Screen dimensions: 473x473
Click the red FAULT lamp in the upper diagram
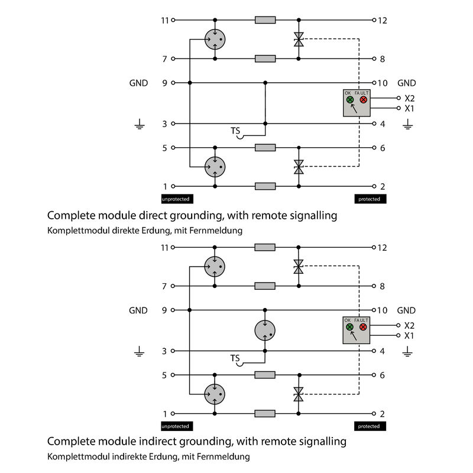(364, 100)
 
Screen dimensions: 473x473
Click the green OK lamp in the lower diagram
(349, 327)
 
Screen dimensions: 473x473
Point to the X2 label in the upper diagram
(410, 98)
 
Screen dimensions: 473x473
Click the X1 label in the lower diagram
(409, 336)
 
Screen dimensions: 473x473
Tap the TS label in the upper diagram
(235, 130)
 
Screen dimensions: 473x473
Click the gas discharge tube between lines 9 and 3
(265, 330)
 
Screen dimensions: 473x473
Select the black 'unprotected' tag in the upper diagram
(176, 199)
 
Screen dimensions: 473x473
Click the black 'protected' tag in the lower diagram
(369, 426)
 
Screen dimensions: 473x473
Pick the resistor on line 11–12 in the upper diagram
(265, 20)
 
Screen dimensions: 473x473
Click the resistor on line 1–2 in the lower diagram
(265, 413)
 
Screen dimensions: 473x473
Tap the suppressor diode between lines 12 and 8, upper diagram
(299, 40)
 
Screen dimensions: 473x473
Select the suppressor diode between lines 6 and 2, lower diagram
(299, 394)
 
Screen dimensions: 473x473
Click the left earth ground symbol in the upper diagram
(140, 125)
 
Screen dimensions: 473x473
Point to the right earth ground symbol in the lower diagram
(407, 352)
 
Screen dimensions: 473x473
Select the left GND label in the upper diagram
(138, 83)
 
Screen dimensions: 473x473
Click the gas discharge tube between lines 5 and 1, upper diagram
(215, 167)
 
